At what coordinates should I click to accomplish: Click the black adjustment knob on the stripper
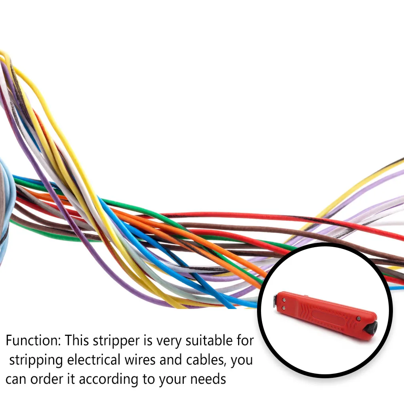coord(372,328)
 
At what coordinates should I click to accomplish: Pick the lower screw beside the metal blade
coord(283,307)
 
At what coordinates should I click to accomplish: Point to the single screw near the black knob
coord(358,318)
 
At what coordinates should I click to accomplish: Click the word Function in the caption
coord(33,340)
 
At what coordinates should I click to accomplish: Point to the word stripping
coord(36,360)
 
